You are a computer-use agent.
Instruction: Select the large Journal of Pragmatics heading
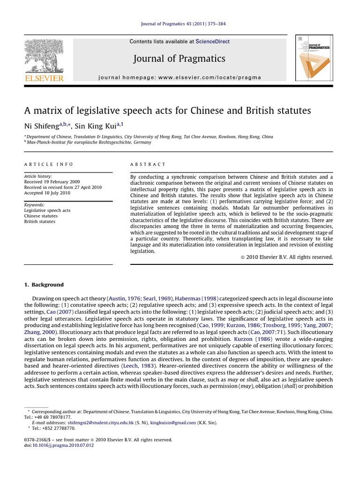click(x=180, y=59)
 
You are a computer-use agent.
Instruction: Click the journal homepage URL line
click(x=180, y=77)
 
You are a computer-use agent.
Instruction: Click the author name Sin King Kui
click(x=97, y=126)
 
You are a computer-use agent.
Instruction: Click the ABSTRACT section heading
click(x=148, y=165)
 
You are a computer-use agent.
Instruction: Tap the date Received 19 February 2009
click(x=52, y=181)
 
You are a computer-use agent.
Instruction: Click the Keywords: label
click(x=34, y=205)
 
